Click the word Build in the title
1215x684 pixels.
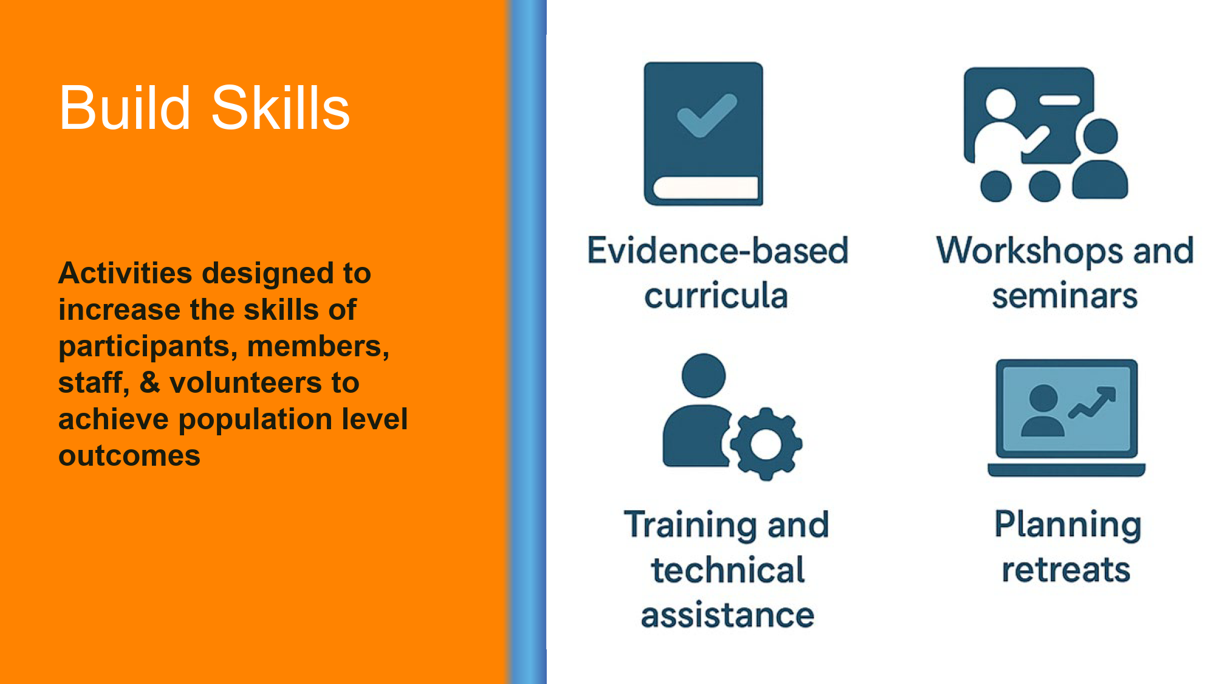[x=125, y=108]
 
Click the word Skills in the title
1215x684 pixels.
[x=280, y=108]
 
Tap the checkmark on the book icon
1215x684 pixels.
[x=707, y=115]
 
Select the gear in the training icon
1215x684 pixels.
[x=766, y=444]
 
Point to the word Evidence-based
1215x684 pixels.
[x=717, y=250]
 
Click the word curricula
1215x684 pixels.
[x=716, y=295]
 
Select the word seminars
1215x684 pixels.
[x=1065, y=296]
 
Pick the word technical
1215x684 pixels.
[x=728, y=570]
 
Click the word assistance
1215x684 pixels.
[x=728, y=615]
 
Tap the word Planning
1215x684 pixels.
[x=1068, y=525]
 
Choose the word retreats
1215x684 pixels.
[x=1066, y=570]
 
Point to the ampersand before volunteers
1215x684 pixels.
[x=150, y=382]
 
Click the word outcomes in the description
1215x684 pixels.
[x=129, y=456]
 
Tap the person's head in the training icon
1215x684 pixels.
[x=703, y=376]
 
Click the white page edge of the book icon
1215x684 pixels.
[x=706, y=188]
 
